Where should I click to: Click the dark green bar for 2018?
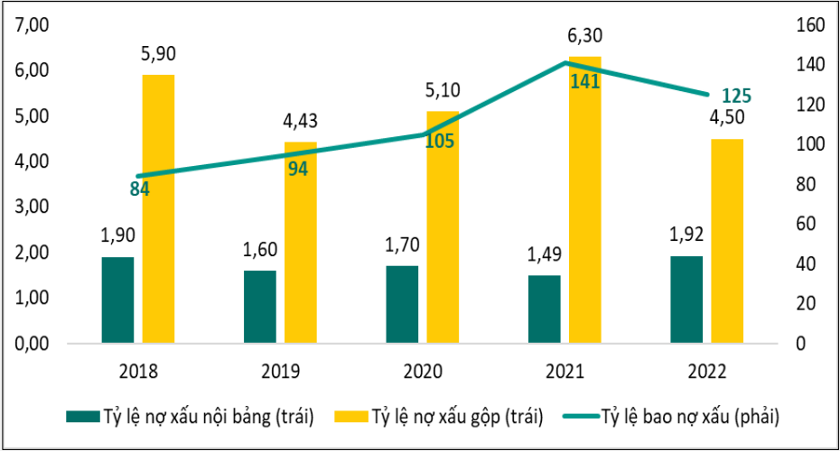pos(117,300)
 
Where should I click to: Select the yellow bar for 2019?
pos(301,243)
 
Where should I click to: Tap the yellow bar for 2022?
pos(727,242)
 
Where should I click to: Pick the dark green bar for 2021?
pos(545,309)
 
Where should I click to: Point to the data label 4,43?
pos(301,122)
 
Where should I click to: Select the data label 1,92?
pos(686,236)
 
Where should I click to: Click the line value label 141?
pos(584,81)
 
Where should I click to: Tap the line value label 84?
pos(139,189)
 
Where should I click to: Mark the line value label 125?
pos(736,97)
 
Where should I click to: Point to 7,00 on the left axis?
pos(31,25)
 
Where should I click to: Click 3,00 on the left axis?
pos(31,207)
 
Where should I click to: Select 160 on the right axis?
pos(804,25)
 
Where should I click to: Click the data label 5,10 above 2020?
pos(443,92)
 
